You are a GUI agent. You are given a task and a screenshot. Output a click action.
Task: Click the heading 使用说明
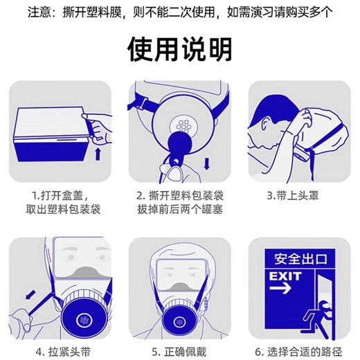coord(179,49)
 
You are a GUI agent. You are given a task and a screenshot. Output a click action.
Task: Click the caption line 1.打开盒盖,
coord(61,196)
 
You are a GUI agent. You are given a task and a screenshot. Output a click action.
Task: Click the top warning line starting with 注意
coord(179,12)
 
